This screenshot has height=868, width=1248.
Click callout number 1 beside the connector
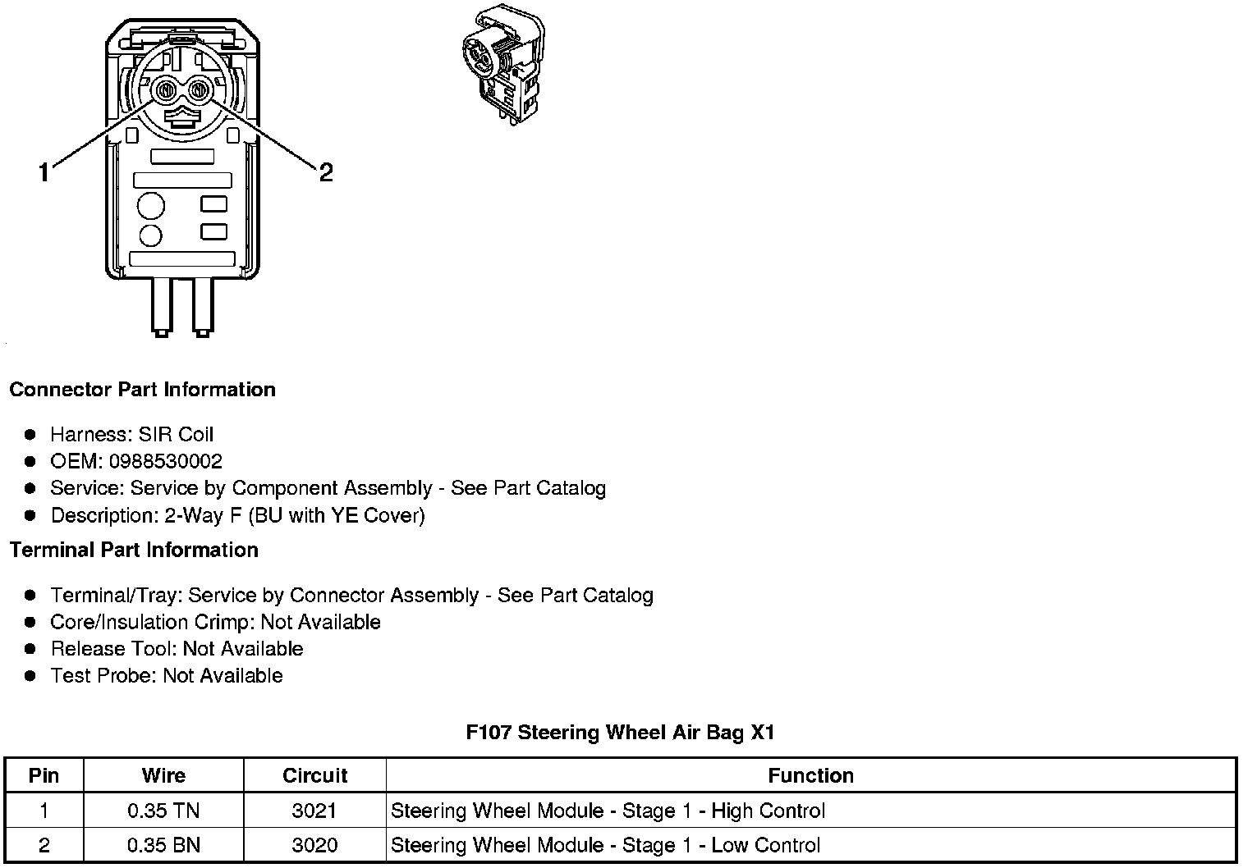pos(44,172)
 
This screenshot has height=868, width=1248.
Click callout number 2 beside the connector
pos(326,172)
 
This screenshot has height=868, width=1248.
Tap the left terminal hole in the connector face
pos(164,89)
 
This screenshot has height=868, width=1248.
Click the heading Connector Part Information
pos(142,389)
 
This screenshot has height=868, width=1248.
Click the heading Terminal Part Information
pos(134,550)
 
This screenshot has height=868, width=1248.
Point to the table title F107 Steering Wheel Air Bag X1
pos(620,732)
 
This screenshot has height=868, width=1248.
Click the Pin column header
pos(44,775)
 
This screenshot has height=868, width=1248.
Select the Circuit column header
pos(314,775)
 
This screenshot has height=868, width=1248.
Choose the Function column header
pos(810,775)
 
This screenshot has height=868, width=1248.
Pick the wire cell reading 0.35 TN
pos(163,811)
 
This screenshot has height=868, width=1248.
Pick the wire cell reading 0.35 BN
pos(163,845)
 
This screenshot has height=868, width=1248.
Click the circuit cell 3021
pos(314,811)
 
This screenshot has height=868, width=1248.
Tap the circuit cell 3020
pos(314,845)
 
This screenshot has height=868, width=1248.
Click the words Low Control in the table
pos(765,845)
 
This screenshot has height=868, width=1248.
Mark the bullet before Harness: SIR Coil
pos(30,435)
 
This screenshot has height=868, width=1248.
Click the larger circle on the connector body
pos(150,205)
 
